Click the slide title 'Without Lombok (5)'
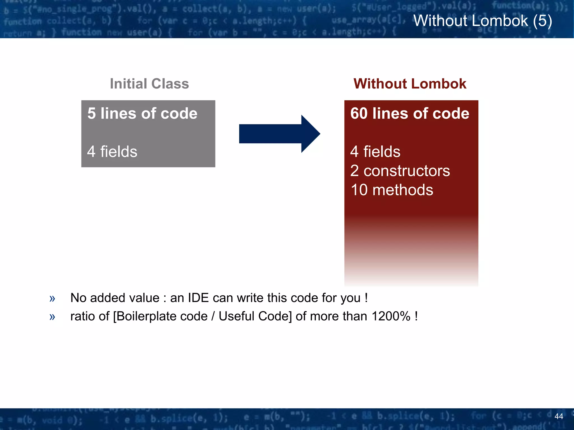483,21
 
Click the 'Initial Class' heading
149,84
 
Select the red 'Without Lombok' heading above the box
410,84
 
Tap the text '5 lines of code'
142,113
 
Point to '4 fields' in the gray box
112,151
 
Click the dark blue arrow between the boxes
279,134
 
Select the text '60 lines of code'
409,113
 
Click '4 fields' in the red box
375,151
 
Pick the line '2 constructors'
400,171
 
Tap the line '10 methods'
392,190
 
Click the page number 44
559,416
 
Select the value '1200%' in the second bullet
391,316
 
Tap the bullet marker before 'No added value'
52,299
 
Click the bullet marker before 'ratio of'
52,317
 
